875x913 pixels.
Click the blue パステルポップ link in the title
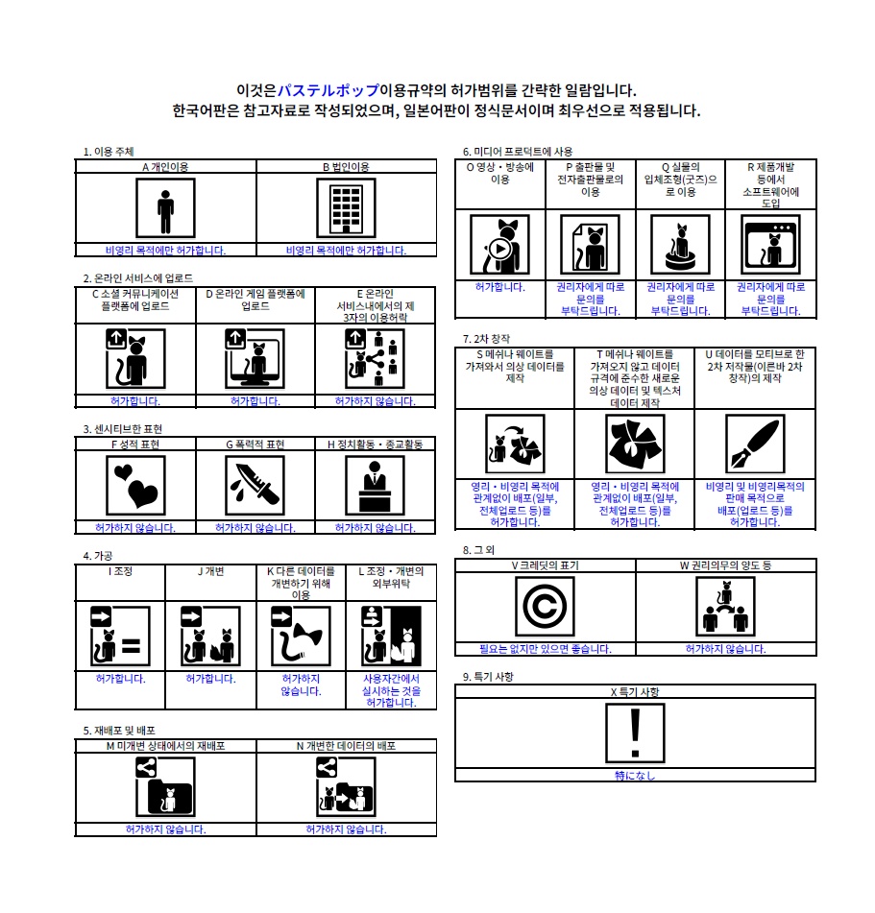[x=328, y=90]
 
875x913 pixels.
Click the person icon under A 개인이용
[x=165, y=208]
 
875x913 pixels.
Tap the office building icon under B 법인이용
[x=346, y=208]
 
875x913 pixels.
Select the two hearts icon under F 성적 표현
[x=135, y=486]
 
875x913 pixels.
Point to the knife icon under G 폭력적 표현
[x=255, y=486]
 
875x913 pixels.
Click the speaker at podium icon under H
[x=375, y=486]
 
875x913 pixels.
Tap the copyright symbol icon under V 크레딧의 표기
[x=545, y=606]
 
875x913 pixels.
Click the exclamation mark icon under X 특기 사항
[x=635, y=733]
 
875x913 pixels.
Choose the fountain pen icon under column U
[x=755, y=444]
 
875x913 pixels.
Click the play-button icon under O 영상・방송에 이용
[x=499, y=245]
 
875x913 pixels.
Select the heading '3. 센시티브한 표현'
[x=122, y=429]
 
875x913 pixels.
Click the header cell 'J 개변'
[x=211, y=571]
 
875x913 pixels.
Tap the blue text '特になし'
[x=635, y=776]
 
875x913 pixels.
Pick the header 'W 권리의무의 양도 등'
[x=725, y=565]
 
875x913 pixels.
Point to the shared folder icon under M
[x=165, y=787]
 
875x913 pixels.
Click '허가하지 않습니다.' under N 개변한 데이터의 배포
[x=346, y=829]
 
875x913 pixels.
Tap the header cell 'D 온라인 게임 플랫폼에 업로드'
[x=255, y=300]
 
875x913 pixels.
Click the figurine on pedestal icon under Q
[x=680, y=245]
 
